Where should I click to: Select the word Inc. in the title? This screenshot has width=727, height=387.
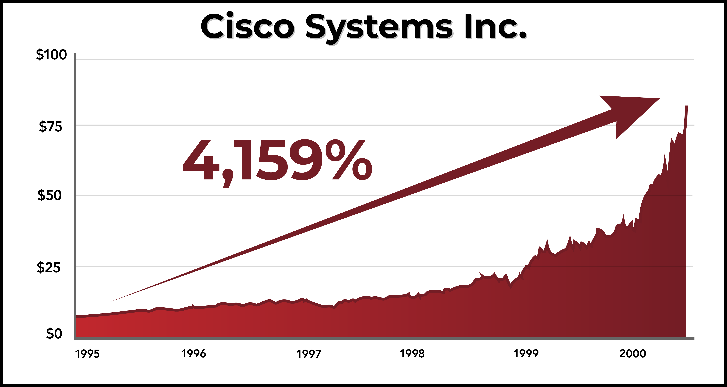(495, 27)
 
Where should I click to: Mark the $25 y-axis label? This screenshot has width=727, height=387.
(49, 267)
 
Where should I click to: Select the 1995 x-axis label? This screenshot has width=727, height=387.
(87, 354)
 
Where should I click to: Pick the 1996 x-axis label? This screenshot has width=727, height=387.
(194, 354)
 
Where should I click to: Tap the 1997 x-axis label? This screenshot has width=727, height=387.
(309, 354)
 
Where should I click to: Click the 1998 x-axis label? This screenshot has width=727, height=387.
(412, 354)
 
